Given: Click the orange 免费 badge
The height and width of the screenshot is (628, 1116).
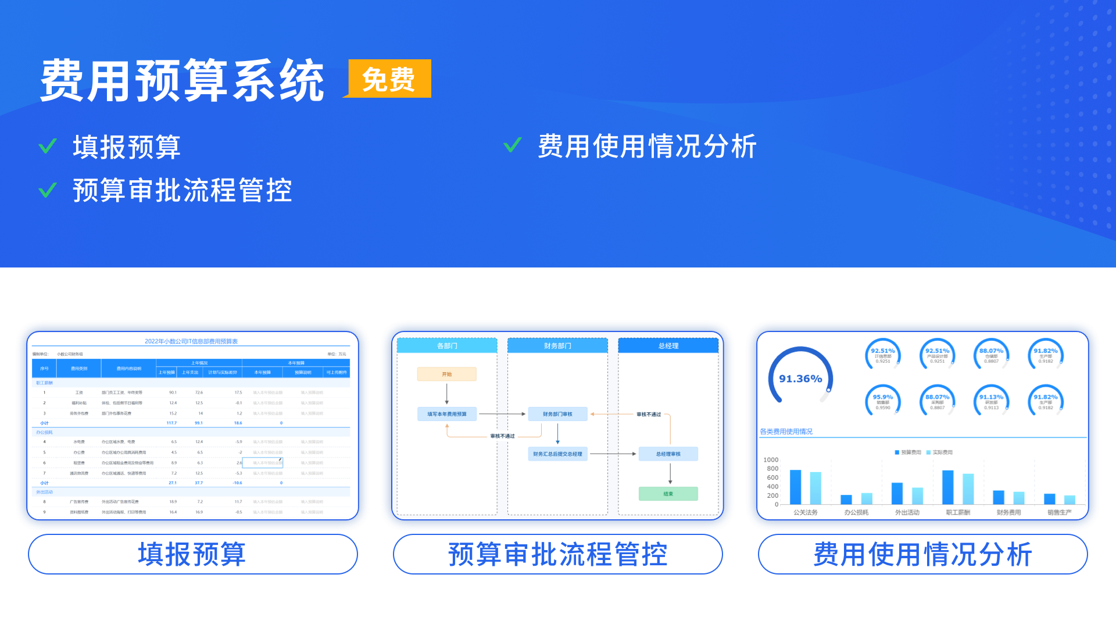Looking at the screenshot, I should click(389, 79).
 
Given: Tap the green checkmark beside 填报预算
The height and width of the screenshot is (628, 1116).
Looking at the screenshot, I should click(48, 146).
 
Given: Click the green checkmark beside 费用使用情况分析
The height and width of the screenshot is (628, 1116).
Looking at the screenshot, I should click(513, 145).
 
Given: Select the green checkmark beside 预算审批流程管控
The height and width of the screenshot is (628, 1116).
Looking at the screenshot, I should click(48, 190).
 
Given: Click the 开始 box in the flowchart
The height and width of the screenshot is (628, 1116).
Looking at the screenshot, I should click(446, 374).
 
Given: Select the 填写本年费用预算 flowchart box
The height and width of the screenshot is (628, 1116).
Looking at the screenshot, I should click(446, 414).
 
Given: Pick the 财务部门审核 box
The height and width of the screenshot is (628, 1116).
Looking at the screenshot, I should click(557, 414).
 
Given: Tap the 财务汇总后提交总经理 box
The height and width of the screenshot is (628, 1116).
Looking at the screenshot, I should click(557, 454).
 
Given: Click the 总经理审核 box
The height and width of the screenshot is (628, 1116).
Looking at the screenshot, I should click(668, 454).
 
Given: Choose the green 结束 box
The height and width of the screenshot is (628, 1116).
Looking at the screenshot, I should click(668, 494).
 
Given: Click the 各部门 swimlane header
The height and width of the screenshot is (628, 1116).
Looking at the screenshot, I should click(447, 345).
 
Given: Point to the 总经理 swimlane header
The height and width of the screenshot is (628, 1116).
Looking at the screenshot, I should click(668, 345).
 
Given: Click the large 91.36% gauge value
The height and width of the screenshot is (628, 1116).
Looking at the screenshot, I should click(800, 379).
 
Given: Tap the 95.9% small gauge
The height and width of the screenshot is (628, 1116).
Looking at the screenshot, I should click(882, 401).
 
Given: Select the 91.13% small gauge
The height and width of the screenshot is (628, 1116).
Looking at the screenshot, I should click(991, 401).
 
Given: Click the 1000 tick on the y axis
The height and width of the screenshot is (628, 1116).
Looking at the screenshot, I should click(771, 460).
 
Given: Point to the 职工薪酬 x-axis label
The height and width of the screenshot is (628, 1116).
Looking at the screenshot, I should click(957, 512).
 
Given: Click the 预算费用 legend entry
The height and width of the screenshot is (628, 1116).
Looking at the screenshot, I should click(908, 452).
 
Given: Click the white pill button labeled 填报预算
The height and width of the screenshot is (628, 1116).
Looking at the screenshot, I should click(192, 554).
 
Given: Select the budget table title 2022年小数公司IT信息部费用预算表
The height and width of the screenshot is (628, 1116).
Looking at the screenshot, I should click(191, 341).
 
